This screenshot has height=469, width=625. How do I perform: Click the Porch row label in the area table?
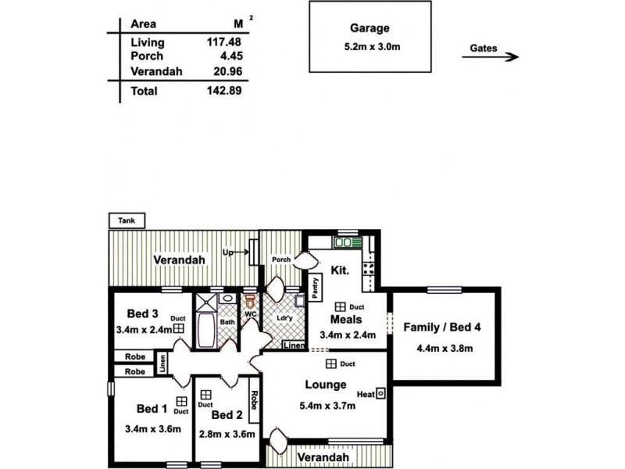pyautogui.click(x=148, y=57)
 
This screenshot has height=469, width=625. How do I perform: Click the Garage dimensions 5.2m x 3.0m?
pyautogui.click(x=370, y=45)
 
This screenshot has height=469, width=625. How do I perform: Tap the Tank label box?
pyautogui.click(x=126, y=221)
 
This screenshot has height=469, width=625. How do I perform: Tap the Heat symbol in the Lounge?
pyautogui.click(x=380, y=394)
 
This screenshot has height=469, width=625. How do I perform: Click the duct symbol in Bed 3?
pyautogui.click(x=178, y=329)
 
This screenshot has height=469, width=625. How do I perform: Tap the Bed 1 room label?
pyautogui.click(x=152, y=408)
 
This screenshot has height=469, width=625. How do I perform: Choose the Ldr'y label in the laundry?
pyautogui.click(x=284, y=318)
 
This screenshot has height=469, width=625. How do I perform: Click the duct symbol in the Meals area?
pyautogui.click(x=341, y=307)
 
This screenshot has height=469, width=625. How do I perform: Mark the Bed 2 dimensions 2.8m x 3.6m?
pyautogui.click(x=227, y=433)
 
